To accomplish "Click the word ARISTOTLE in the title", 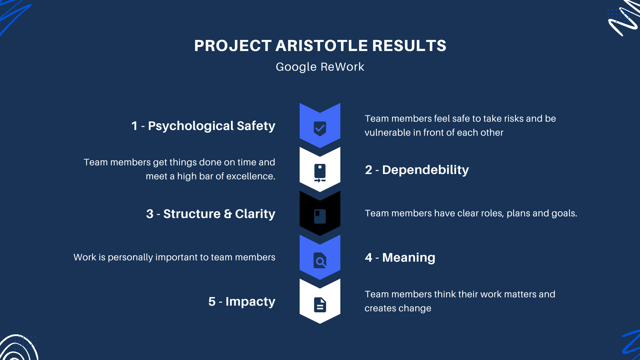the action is click(322, 46).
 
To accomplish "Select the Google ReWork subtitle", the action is click(320, 67).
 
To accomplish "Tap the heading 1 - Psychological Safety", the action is click(203, 126).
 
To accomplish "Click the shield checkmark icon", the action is click(320, 128).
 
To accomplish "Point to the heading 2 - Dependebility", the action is click(417, 170).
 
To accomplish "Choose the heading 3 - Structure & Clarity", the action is click(211, 214).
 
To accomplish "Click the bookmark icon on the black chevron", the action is click(320, 216).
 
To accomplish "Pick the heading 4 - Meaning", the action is click(400, 257).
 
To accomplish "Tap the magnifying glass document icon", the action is click(320, 260).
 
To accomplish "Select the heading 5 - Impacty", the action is click(242, 302).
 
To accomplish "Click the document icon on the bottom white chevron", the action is click(320, 305).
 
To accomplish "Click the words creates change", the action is click(398, 308).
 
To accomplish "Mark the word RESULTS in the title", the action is click(409, 46).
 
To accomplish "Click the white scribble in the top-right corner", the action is click(623, 18).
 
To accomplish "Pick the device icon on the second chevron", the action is click(320, 173).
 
